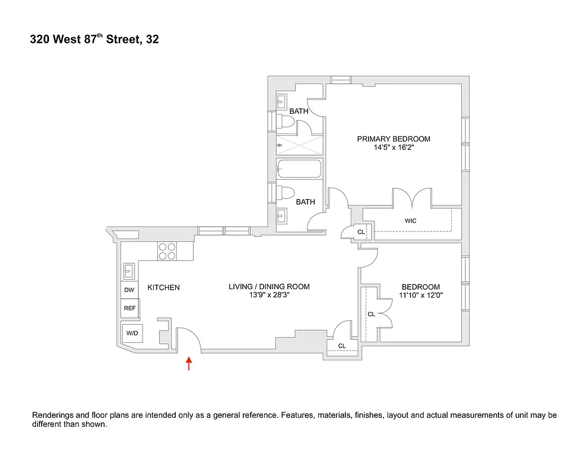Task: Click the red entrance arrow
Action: [x=189, y=364]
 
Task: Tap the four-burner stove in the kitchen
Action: [x=167, y=251]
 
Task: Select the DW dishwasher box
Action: [x=130, y=290]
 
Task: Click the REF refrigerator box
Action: [x=130, y=308]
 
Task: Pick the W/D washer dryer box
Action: [x=132, y=333]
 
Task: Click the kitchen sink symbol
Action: [x=130, y=271]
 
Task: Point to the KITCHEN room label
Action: [x=163, y=288]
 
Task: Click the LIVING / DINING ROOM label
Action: [x=269, y=286]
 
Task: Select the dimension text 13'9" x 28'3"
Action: [x=269, y=294]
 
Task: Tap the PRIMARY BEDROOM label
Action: [x=394, y=139]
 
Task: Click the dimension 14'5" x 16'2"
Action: [x=394, y=148]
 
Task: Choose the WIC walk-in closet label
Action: [x=411, y=220]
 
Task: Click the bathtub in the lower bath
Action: [x=299, y=169]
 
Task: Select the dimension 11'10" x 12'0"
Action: [x=421, y=294]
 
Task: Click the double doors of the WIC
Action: [x=412, y=198]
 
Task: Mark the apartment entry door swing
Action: [x=189, y=339]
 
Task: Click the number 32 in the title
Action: [x=152, y=40]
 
